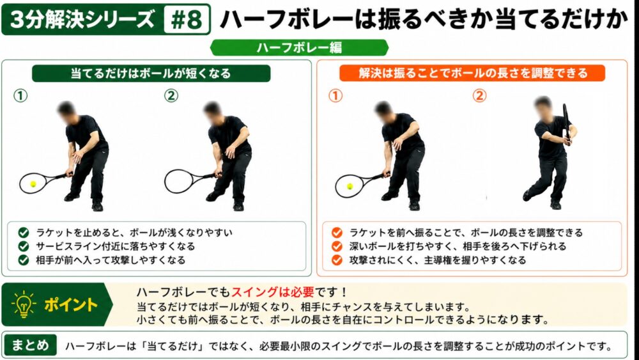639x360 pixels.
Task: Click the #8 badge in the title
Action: [x=187, y=20]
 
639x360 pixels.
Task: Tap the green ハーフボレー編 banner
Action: [x=299, y=48]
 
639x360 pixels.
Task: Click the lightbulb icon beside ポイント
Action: [x=24, y=304]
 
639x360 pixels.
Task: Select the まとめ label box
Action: [x=30, y=345]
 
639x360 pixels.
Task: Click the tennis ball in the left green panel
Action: [x=33, y=184]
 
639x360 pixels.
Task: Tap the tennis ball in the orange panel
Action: [x=350, y=186]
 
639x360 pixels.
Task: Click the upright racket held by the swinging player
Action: [x=566, y=121]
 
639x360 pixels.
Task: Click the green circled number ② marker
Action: [x=171, y=96]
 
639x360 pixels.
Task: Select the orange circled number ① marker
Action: [x=335, y=96]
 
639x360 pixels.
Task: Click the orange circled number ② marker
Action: [x=480, y=96]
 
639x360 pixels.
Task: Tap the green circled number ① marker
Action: [x=20, y=96]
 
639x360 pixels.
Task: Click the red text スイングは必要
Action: [x=273, y=292]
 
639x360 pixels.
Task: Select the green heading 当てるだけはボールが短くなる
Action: [x=151, y=74]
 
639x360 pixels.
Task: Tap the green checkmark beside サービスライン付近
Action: [x=24, y=246]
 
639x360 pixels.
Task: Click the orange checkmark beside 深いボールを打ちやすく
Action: [x=337, y=246]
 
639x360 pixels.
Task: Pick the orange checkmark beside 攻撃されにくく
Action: [x=337, y=260]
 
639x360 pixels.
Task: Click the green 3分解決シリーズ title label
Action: [x=82, y=20]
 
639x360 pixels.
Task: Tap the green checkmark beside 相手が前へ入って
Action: [x=24, y=260]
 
